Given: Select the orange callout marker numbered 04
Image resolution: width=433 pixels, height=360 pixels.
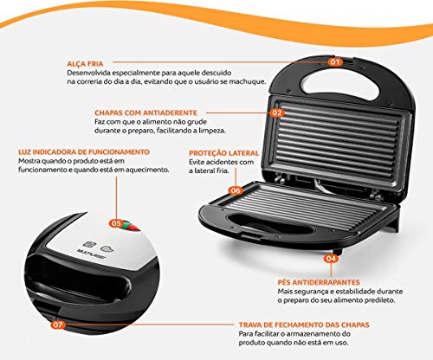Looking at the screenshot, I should point(331,257).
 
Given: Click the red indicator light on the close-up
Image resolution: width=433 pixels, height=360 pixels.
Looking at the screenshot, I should point(129,228).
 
